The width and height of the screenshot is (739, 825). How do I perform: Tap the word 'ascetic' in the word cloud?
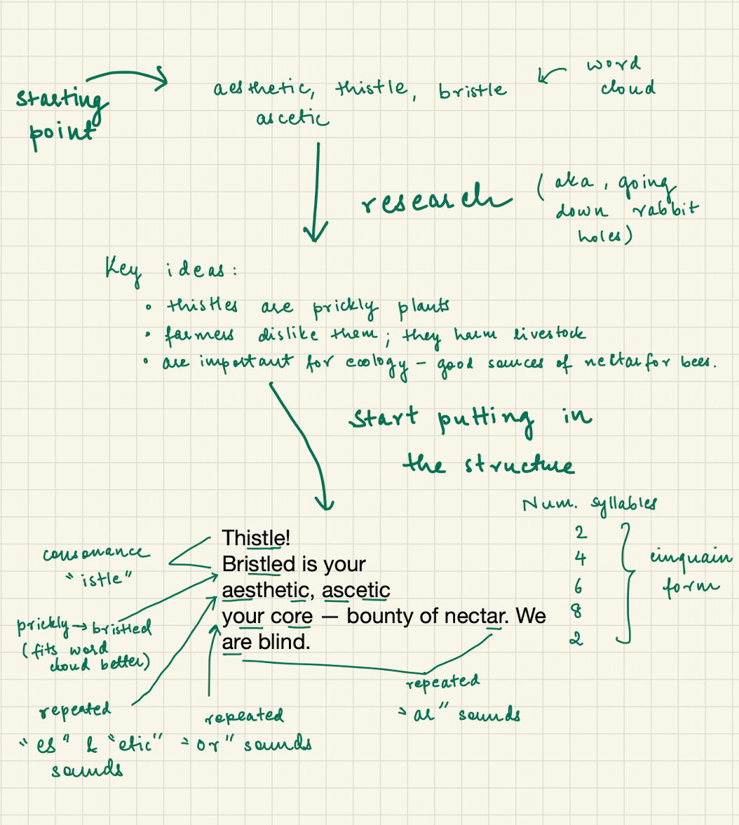[x=292, y=119]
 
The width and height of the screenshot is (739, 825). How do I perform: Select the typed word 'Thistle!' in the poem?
[x=256, y=538]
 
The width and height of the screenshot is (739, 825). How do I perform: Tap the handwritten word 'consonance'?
[x=96, y=554]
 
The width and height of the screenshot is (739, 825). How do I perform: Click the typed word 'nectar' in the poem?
[x=474, y=616]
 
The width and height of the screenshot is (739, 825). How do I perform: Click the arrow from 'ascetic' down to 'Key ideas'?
[x=318, y=189]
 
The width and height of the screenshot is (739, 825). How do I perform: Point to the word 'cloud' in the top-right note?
[x=628, y=88]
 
